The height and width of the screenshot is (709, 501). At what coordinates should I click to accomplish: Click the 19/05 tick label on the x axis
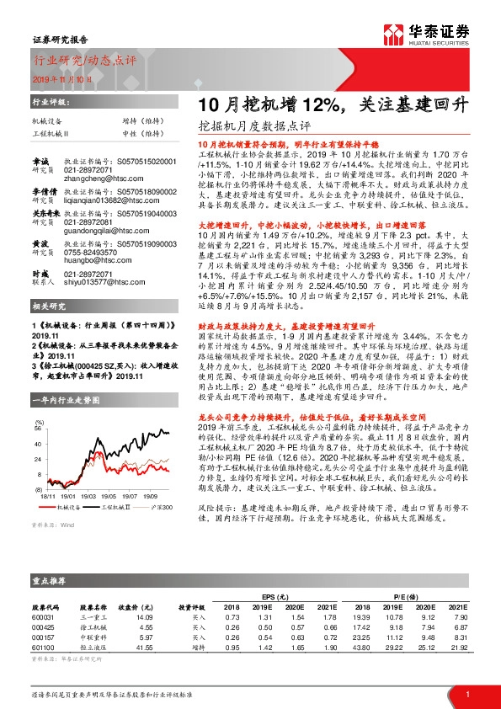coord(113,498)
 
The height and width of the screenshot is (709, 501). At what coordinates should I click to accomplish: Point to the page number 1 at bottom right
coord(466,693)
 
